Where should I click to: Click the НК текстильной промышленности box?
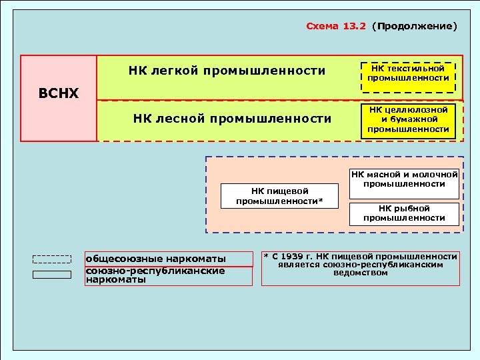click(x=408, y=73)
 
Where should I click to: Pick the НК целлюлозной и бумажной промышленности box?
click(x=408, y=119)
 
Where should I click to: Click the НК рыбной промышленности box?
click(x=405, y=213)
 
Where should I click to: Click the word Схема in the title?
click(x=323, y=27)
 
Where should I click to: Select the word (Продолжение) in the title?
click(x=415, y=27)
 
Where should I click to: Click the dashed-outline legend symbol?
click(x=52, y=259)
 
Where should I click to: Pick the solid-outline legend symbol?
click(x=52, y=274)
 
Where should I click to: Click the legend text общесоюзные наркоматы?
click(x=156, y=259)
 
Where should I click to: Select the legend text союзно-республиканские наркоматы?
click(x=156, y=275)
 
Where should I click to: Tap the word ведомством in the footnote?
click(x=360, y=273)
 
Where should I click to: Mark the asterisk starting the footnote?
click(x=265, y=256)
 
